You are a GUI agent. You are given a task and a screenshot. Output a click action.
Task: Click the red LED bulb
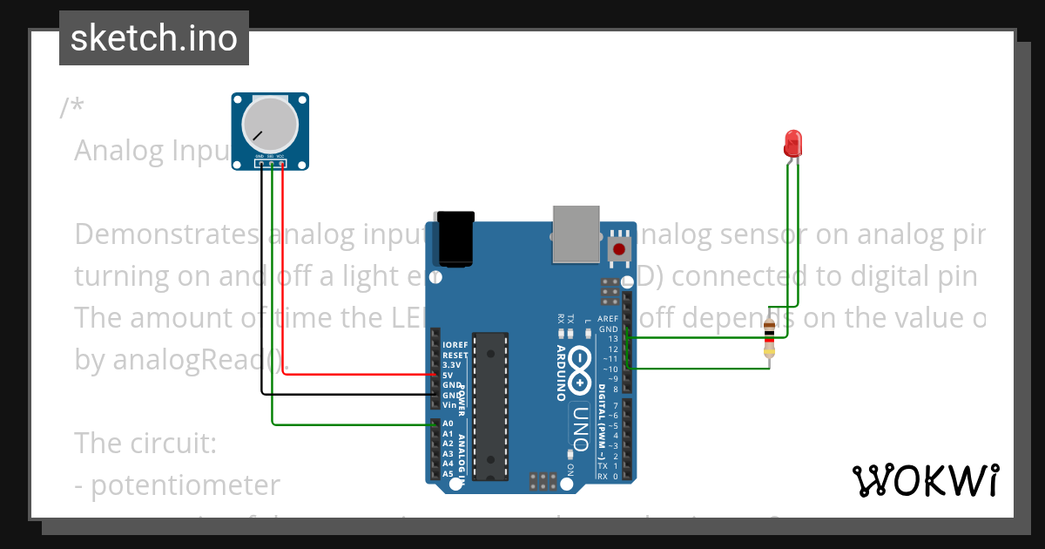(x=792, y=143)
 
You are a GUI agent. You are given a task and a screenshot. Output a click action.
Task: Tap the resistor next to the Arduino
(x=769, y=339)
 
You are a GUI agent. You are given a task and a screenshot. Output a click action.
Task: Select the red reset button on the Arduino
(x=619, y=249)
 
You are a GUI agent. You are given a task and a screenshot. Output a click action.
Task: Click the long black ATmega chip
(x=489, y=404)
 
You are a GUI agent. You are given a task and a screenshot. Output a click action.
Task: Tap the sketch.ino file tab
(x=154, y=38)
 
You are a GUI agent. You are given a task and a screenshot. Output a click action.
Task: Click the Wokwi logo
(x=925, y=480)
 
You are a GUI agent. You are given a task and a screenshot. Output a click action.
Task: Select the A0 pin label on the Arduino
(x=448, y=424)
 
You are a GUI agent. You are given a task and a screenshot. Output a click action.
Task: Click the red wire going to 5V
(x=357, y=375)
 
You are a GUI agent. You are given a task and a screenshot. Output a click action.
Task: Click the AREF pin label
(x=609, y=320)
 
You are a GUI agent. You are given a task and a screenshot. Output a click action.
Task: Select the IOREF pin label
(x=455, y=345)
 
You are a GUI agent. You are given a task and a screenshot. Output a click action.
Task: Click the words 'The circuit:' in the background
(x=145, y=443)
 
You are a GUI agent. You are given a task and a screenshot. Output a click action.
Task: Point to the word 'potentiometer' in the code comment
(x=185, y=485)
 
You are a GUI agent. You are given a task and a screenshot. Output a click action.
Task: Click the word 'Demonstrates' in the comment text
(x=165, y=234)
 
